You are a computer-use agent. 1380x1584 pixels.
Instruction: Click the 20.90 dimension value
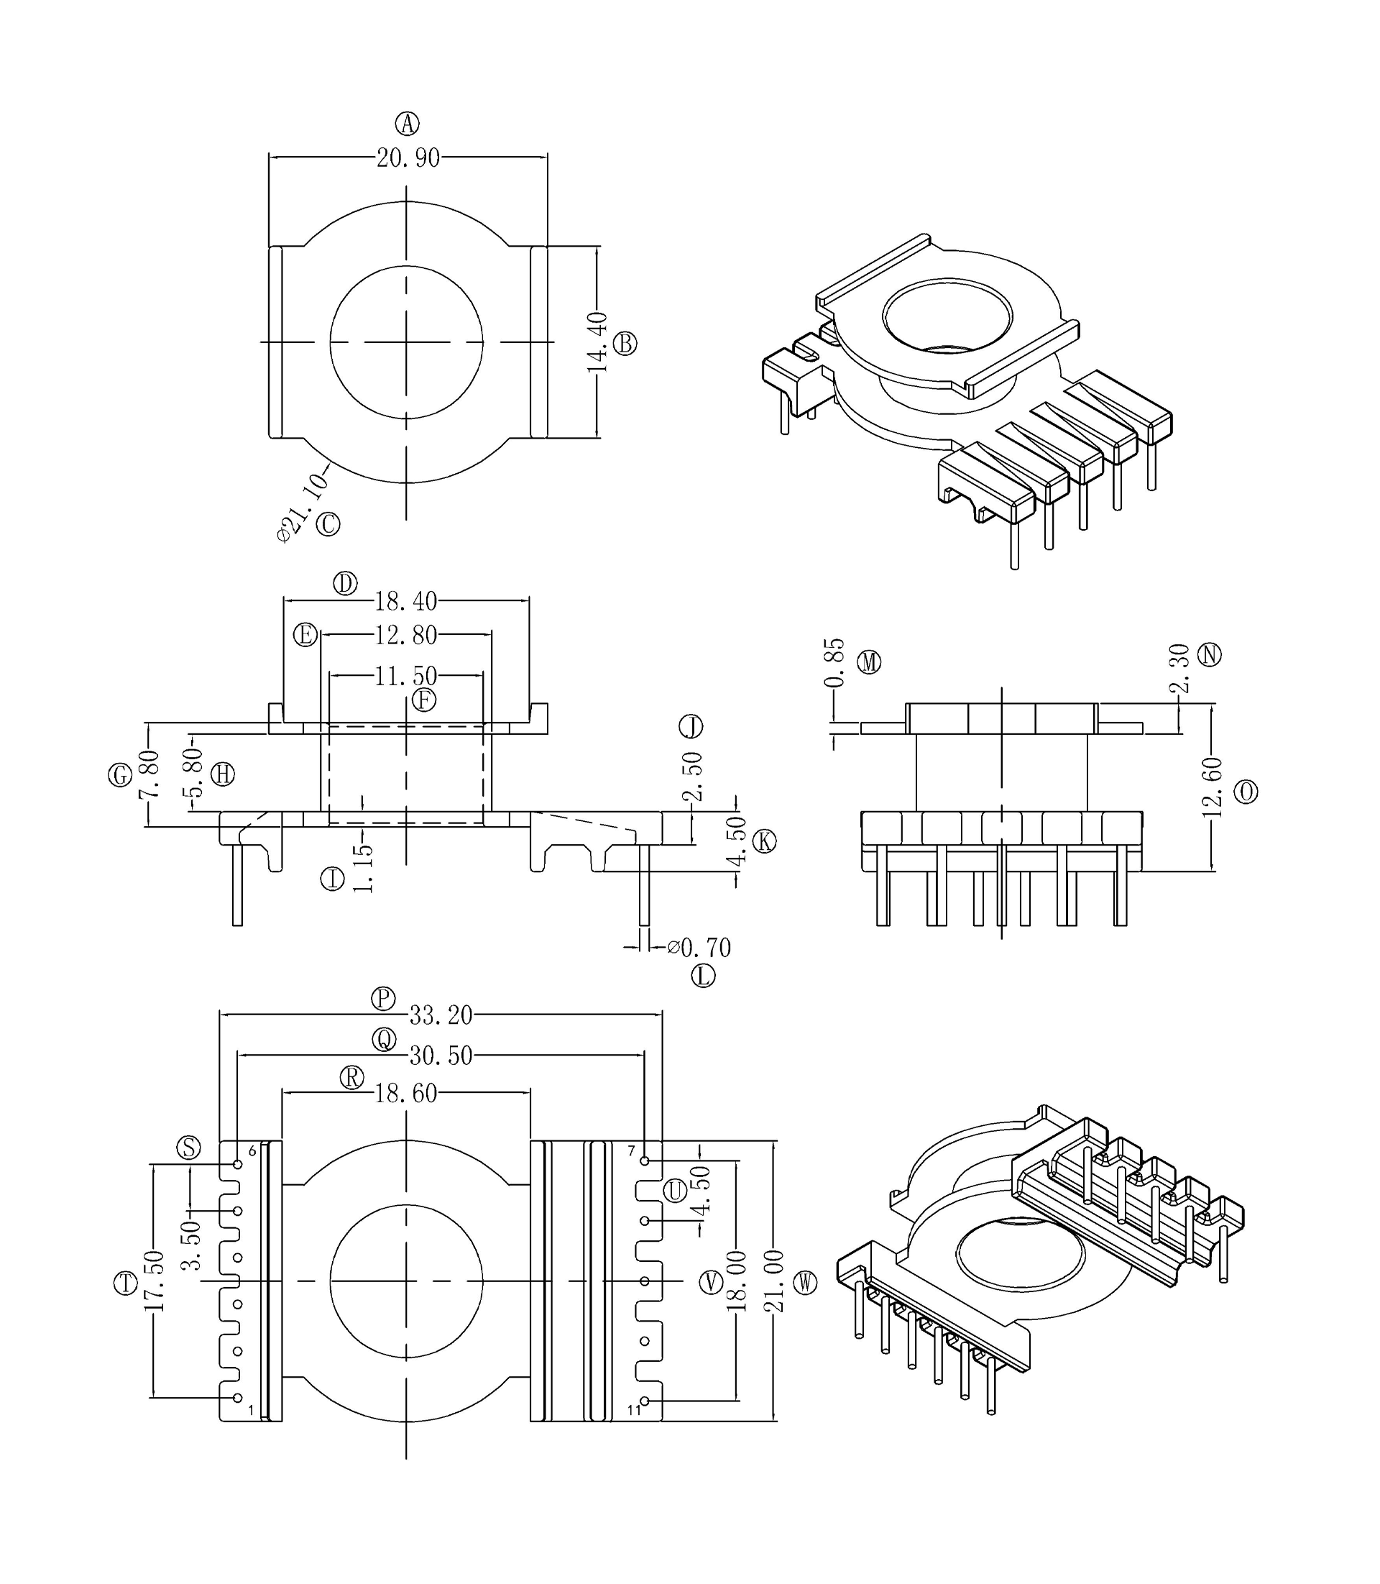(408, 158)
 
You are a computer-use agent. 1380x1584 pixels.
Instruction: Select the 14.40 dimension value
(597, 343)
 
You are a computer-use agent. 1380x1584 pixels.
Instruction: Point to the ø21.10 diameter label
(303, 507)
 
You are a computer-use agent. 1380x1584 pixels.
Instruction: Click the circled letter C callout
(328, 525)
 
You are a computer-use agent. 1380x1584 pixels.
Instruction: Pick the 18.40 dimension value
(406, 600)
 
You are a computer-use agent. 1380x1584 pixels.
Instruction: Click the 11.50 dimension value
(406, 676)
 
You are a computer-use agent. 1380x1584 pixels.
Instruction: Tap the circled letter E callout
(305, 636)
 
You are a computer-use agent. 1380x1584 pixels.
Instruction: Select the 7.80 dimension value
(149, 774)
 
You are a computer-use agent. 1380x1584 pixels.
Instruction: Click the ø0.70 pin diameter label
(699, 947)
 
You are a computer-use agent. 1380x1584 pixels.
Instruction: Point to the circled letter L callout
(703, 976)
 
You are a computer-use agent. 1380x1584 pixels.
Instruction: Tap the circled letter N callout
(1210, 655)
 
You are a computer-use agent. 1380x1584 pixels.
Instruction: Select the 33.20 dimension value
(441, 1015)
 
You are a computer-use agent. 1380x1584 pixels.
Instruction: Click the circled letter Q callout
(384, 1040)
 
